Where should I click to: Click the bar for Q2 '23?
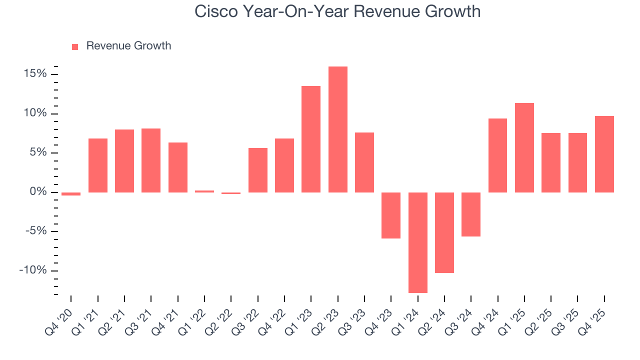(337, 129)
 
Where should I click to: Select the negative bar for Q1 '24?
(417, 242)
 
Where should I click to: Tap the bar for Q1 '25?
(524, 147)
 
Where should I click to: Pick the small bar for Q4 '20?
(71, 194)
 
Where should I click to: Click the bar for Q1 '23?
(311, 139)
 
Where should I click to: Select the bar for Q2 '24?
(444, 232)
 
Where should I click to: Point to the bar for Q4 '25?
(604, 154)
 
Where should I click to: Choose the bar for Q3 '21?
(151, 160)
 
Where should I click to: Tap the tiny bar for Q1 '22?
(204, 191)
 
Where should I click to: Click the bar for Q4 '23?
(391, 215)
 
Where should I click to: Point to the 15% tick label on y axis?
(34, 74)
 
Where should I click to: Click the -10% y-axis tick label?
(32, 270)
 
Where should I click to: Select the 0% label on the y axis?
(38, 192)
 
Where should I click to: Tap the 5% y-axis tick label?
(38, 152)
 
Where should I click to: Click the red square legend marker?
(75, 47)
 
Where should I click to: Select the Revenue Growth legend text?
(128, 46)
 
